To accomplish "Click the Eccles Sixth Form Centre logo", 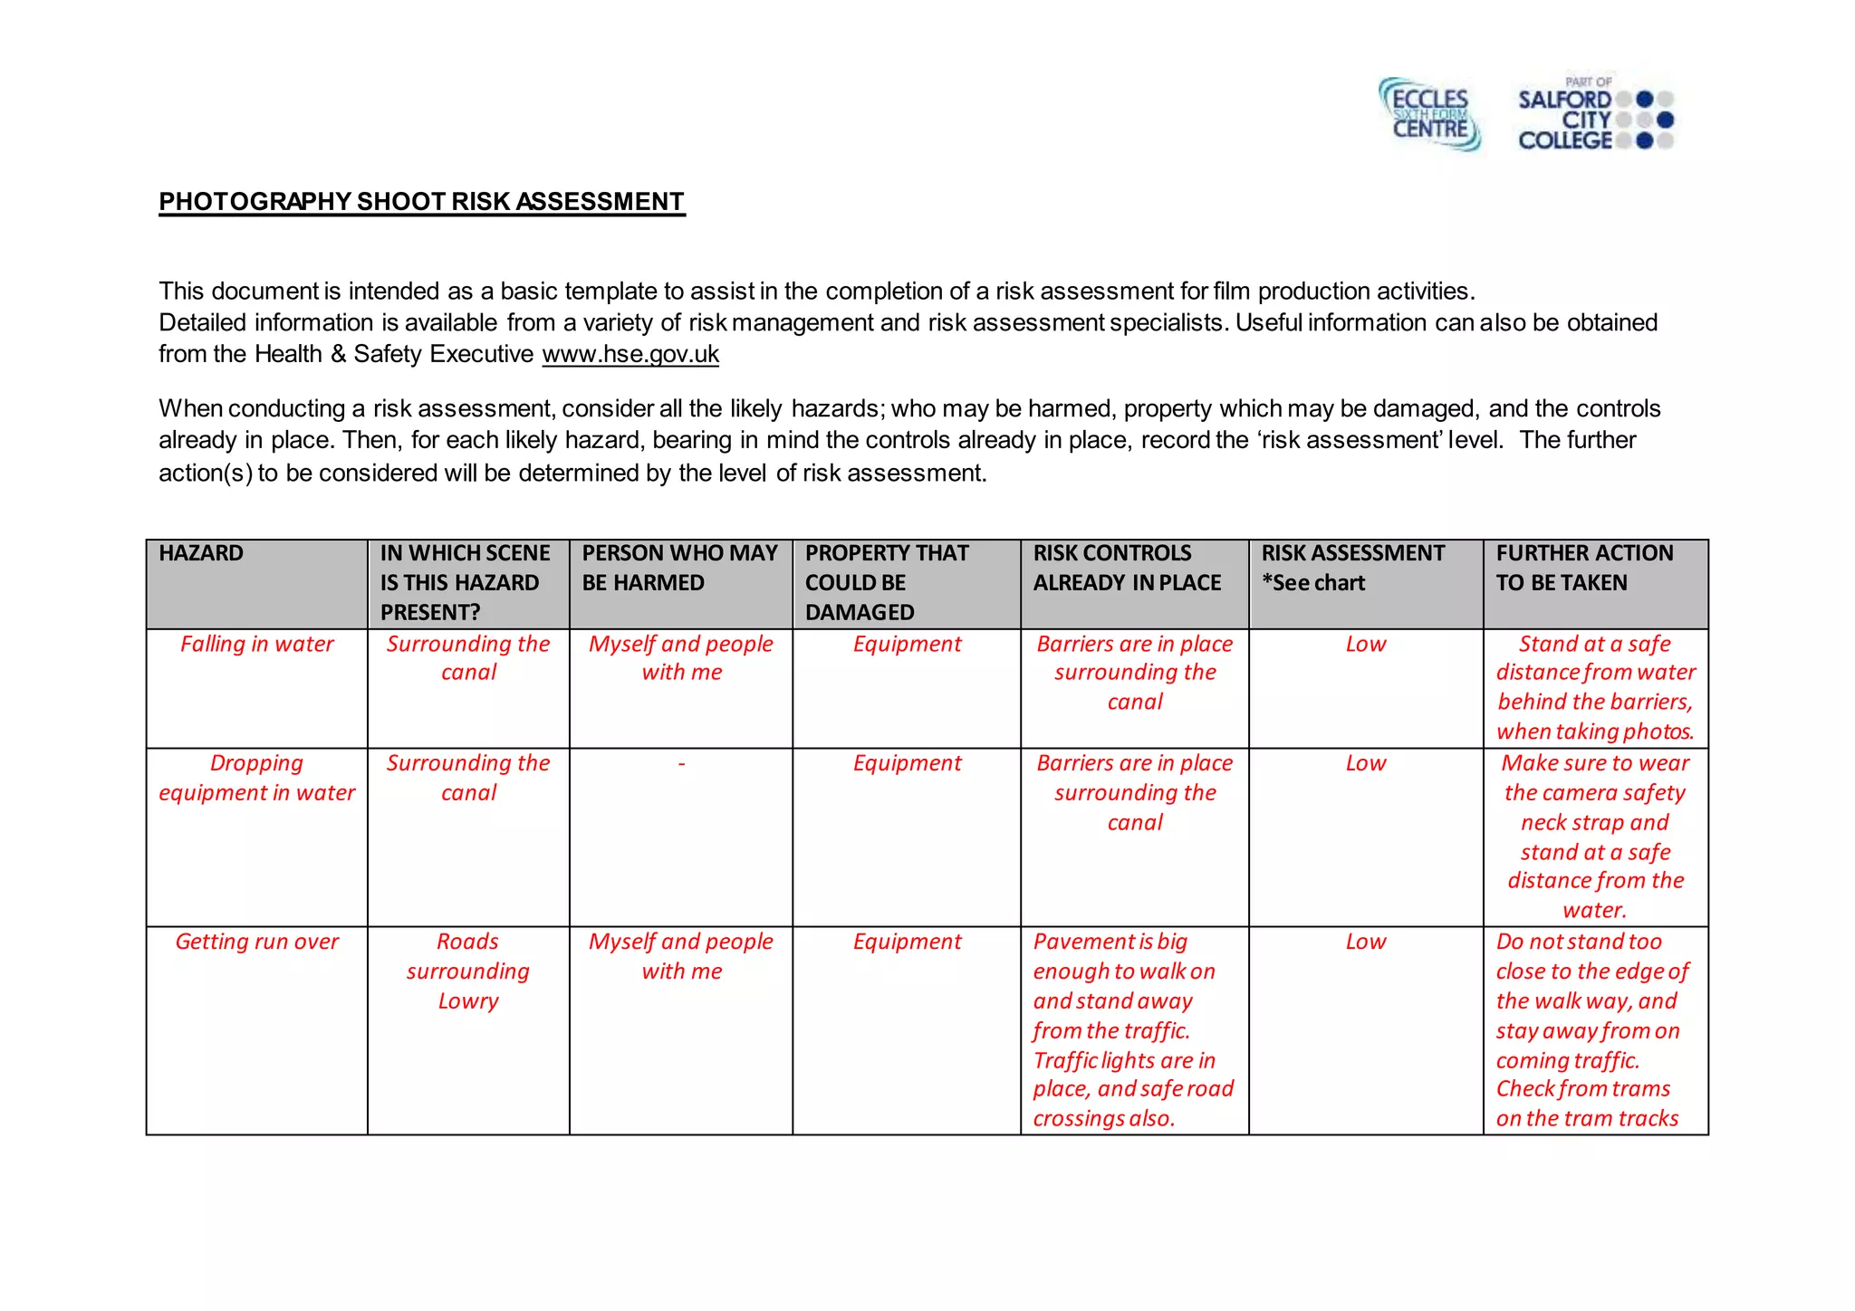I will tap(1429, 114).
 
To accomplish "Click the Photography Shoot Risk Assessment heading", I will tap(421, 201).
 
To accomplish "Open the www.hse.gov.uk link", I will tap(630, 354).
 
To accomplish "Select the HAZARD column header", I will tap(201, 553).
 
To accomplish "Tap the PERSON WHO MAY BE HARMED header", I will tap(679, 568).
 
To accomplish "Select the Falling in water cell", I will tap(256, 644).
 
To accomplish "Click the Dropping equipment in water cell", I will tap(256, 778).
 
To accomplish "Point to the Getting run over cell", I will tap(256, 942).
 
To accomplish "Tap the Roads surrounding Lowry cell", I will tap(468, 971).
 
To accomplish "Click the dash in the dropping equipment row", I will tap(681, 764).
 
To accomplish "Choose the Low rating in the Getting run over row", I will tap(1365, 942).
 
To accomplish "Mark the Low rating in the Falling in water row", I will tap(1365, 644).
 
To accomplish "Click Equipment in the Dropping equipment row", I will tap(907, 763).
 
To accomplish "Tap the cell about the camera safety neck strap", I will tap(1594, 836).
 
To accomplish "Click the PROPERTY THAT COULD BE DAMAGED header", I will tap(886, 582).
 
